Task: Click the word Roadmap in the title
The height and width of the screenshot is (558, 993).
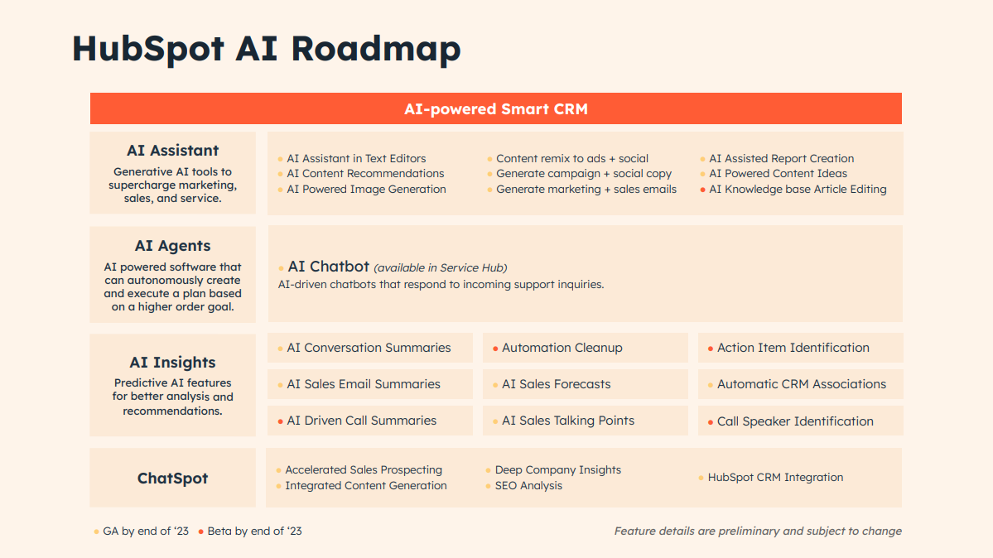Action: [x=375, y=50]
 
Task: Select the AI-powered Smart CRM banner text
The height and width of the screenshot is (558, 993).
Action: [x=496, y=109]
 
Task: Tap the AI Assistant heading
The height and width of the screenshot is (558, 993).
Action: [x=172, y=151]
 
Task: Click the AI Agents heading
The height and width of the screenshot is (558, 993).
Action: [x=172, y=246]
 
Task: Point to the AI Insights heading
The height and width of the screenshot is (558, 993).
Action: [x=172, y=363]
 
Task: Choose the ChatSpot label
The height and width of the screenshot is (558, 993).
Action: [x=172, y=479]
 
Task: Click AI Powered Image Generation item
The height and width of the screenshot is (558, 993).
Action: [x=366, y=190]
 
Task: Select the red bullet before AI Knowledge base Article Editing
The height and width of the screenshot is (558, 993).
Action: [x=703, y=190]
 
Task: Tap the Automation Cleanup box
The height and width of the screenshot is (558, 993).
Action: [x=586, y=348]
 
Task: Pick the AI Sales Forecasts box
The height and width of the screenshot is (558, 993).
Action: [x=586, y=384]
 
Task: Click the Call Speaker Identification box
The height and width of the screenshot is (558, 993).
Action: [x=801, y=421]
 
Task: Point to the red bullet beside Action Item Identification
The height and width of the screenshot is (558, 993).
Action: [x=711, y=349]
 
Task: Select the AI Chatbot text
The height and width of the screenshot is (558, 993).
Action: [x=328, y=267]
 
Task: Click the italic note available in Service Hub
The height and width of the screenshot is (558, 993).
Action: [x=440, y=268]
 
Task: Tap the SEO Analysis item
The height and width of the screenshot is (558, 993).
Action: [x=528, y=486]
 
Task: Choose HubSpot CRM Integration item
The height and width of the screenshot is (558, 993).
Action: [x=775, y=478]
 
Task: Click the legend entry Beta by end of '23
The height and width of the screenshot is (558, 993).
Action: [x=254, y=532]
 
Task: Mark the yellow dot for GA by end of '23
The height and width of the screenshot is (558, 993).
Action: [x=96, y=532]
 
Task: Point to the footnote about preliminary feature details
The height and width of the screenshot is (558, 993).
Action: [x=758, y=532]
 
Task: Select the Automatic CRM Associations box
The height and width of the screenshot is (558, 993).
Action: [x=801, y=384]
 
